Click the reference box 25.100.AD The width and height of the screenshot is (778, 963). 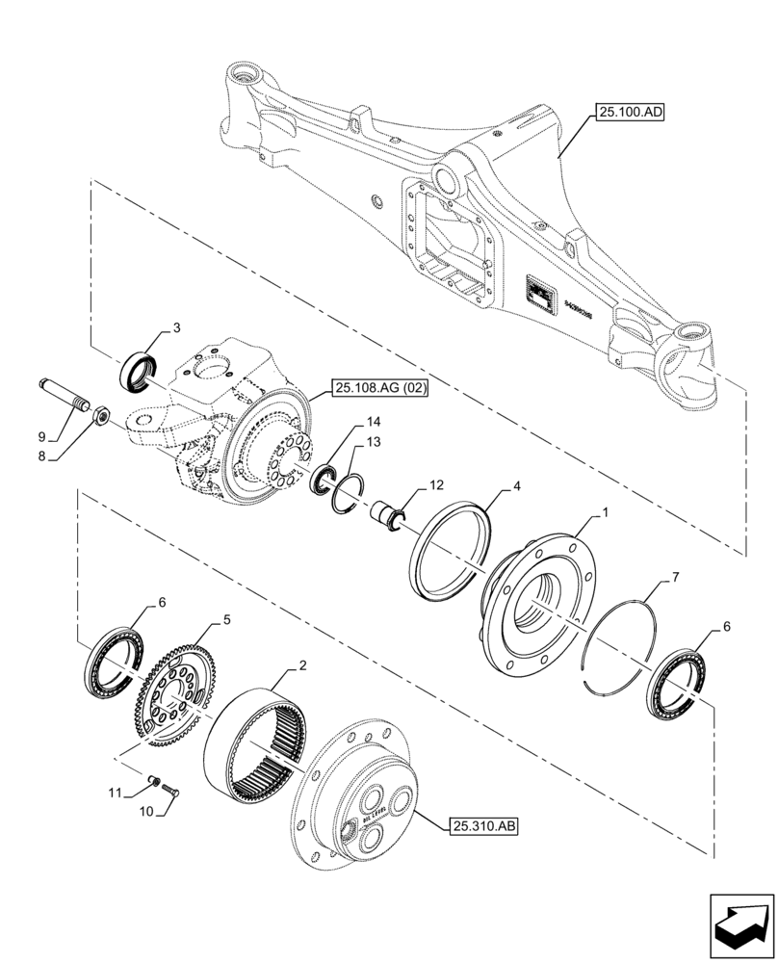coord(631,113)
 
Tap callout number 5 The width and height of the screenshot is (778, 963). coord(226,621)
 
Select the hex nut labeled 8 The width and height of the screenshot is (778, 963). coord(99,415)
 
